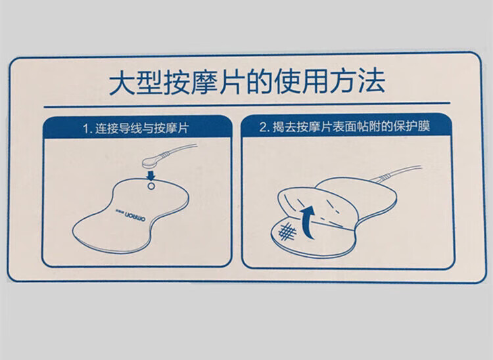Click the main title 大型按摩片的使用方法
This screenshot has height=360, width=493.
point(246,82)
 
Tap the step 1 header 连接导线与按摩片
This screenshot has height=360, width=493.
point(136,129)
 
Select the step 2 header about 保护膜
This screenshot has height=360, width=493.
point(345,127)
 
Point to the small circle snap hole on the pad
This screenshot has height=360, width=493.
point(151,186)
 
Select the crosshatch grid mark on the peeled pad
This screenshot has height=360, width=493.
point(287,232)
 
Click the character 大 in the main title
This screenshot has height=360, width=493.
point(122,83)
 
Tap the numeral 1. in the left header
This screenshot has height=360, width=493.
point(87,129)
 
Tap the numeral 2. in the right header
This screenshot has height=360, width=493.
point(264,127)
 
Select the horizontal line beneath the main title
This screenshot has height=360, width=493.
point(246,104)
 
